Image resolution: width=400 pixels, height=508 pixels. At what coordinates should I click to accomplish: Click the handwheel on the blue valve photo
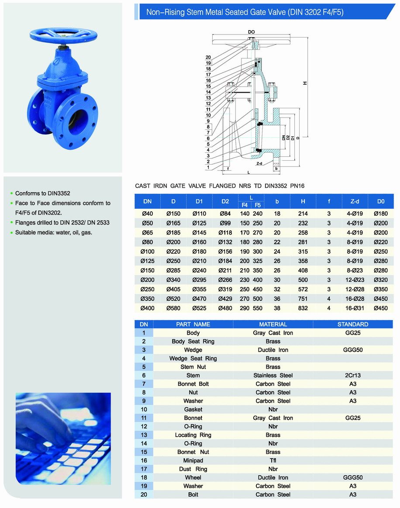[x=63, y=35]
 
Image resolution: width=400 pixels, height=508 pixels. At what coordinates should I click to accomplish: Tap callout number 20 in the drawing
[x=208, y=58]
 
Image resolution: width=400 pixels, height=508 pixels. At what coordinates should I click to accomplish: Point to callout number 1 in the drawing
[x=208, y=167]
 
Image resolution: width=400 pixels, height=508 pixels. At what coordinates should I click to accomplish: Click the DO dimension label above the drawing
[x=251, y=32]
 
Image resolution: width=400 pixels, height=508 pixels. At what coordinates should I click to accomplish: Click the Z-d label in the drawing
[x=259, y=164]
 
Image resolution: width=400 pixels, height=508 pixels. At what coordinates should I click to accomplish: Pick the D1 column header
[x=199, y=201]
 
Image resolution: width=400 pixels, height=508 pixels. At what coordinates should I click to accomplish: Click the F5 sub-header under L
[x=258, y=205]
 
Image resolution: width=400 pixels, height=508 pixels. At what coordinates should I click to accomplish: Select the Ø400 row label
[x=147, y=308]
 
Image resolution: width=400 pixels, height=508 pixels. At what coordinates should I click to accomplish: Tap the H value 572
[x=303, y=289]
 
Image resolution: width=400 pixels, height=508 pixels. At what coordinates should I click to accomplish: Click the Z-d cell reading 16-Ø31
[x=355, y=308]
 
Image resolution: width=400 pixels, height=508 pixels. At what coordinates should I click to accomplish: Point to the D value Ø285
[x=173, y=270]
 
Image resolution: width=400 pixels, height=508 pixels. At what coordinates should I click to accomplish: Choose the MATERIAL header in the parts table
[x=273, y=324]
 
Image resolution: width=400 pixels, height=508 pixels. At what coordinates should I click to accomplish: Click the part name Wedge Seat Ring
[x=193, y=358]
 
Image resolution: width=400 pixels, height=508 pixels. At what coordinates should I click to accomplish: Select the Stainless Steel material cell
[x=273, y=375]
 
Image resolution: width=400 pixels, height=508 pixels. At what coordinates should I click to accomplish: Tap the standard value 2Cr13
[x=353, y=375]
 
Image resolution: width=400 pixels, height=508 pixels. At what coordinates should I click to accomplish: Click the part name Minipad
[x=193, y=460]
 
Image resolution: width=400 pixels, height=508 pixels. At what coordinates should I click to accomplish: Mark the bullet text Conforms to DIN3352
[x=43, y=193]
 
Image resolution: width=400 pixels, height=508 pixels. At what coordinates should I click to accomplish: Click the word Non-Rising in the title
[x=162, y=13]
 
